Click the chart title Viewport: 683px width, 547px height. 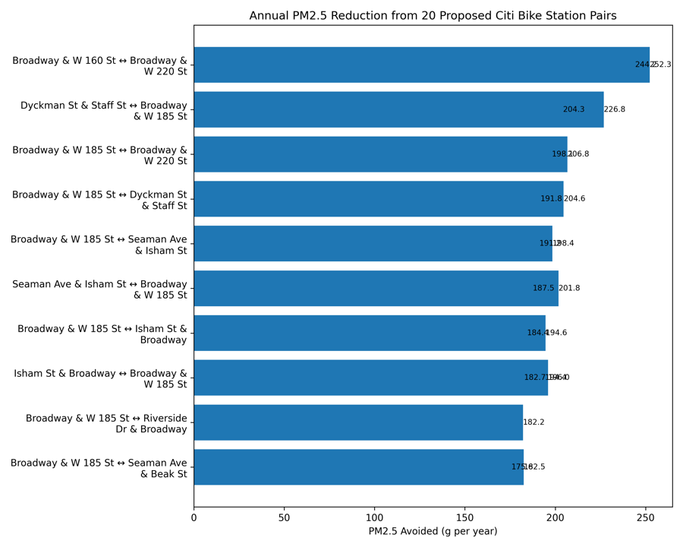pyautogui.click(x=433, y=16)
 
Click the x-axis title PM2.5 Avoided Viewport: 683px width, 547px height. pyautogui.click(x=433, y=531)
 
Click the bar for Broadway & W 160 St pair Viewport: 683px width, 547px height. pyautogui.click(x=421, y=65)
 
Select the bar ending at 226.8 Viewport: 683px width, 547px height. pyautogui.click(x=398, y=109)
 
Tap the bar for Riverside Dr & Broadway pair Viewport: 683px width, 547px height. pyautogui.click(x=358, y=422)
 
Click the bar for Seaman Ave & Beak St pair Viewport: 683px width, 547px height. pyautogui.click(x=358, y=467)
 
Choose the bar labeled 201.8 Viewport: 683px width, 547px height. pyautogui.click(x=376, y=289)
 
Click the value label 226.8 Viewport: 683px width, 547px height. pyautogui.click(x=615, y=109)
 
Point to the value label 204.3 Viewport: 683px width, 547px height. pyautogui.click(x=574, y=109)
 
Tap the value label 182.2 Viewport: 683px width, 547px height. pyautogui.click(x=533, y=422)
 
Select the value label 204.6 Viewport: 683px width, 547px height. pyautogui.click(x=574, y=199)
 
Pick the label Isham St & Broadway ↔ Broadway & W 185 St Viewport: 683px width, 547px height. pyautogui.click(x=100, y=379)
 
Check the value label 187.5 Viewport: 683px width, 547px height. pyautogui.click(x=543, y=289)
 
